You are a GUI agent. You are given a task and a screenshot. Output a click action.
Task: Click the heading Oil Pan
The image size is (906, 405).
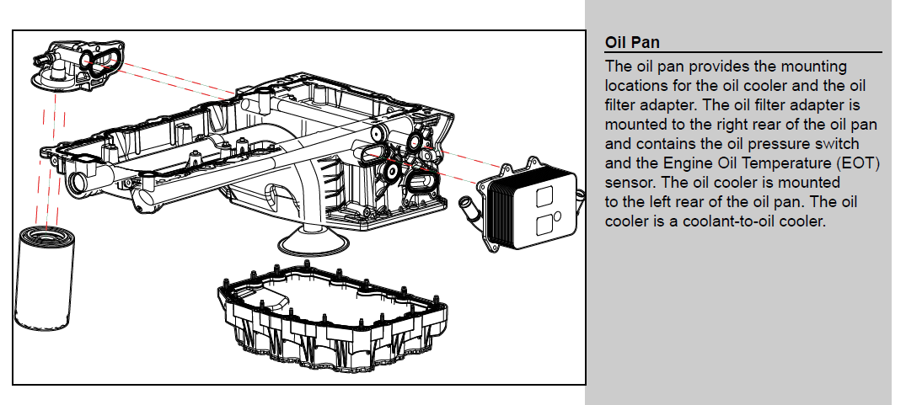(633, 43)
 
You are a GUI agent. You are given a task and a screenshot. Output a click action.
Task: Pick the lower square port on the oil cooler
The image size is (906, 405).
(544, 224)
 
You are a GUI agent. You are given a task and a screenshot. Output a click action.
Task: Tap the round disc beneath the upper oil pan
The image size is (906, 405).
(314, 242)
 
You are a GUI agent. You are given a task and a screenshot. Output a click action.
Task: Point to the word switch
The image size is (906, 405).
(838, 143)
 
